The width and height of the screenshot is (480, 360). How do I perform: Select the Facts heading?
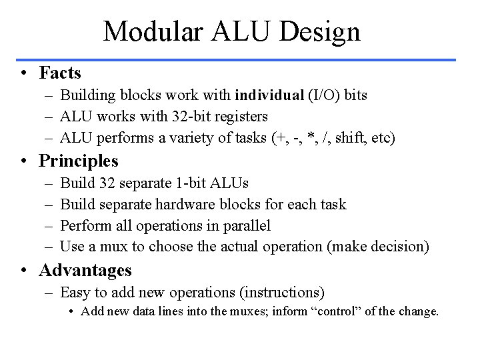(x=60, y=72)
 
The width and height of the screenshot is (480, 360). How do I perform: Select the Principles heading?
(x=79, y=161)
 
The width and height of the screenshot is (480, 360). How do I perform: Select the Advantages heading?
(x=85, y=270)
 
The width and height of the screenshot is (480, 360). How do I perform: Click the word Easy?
(x=75, y=292)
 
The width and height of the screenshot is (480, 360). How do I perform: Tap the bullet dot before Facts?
(x=24, y=72)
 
